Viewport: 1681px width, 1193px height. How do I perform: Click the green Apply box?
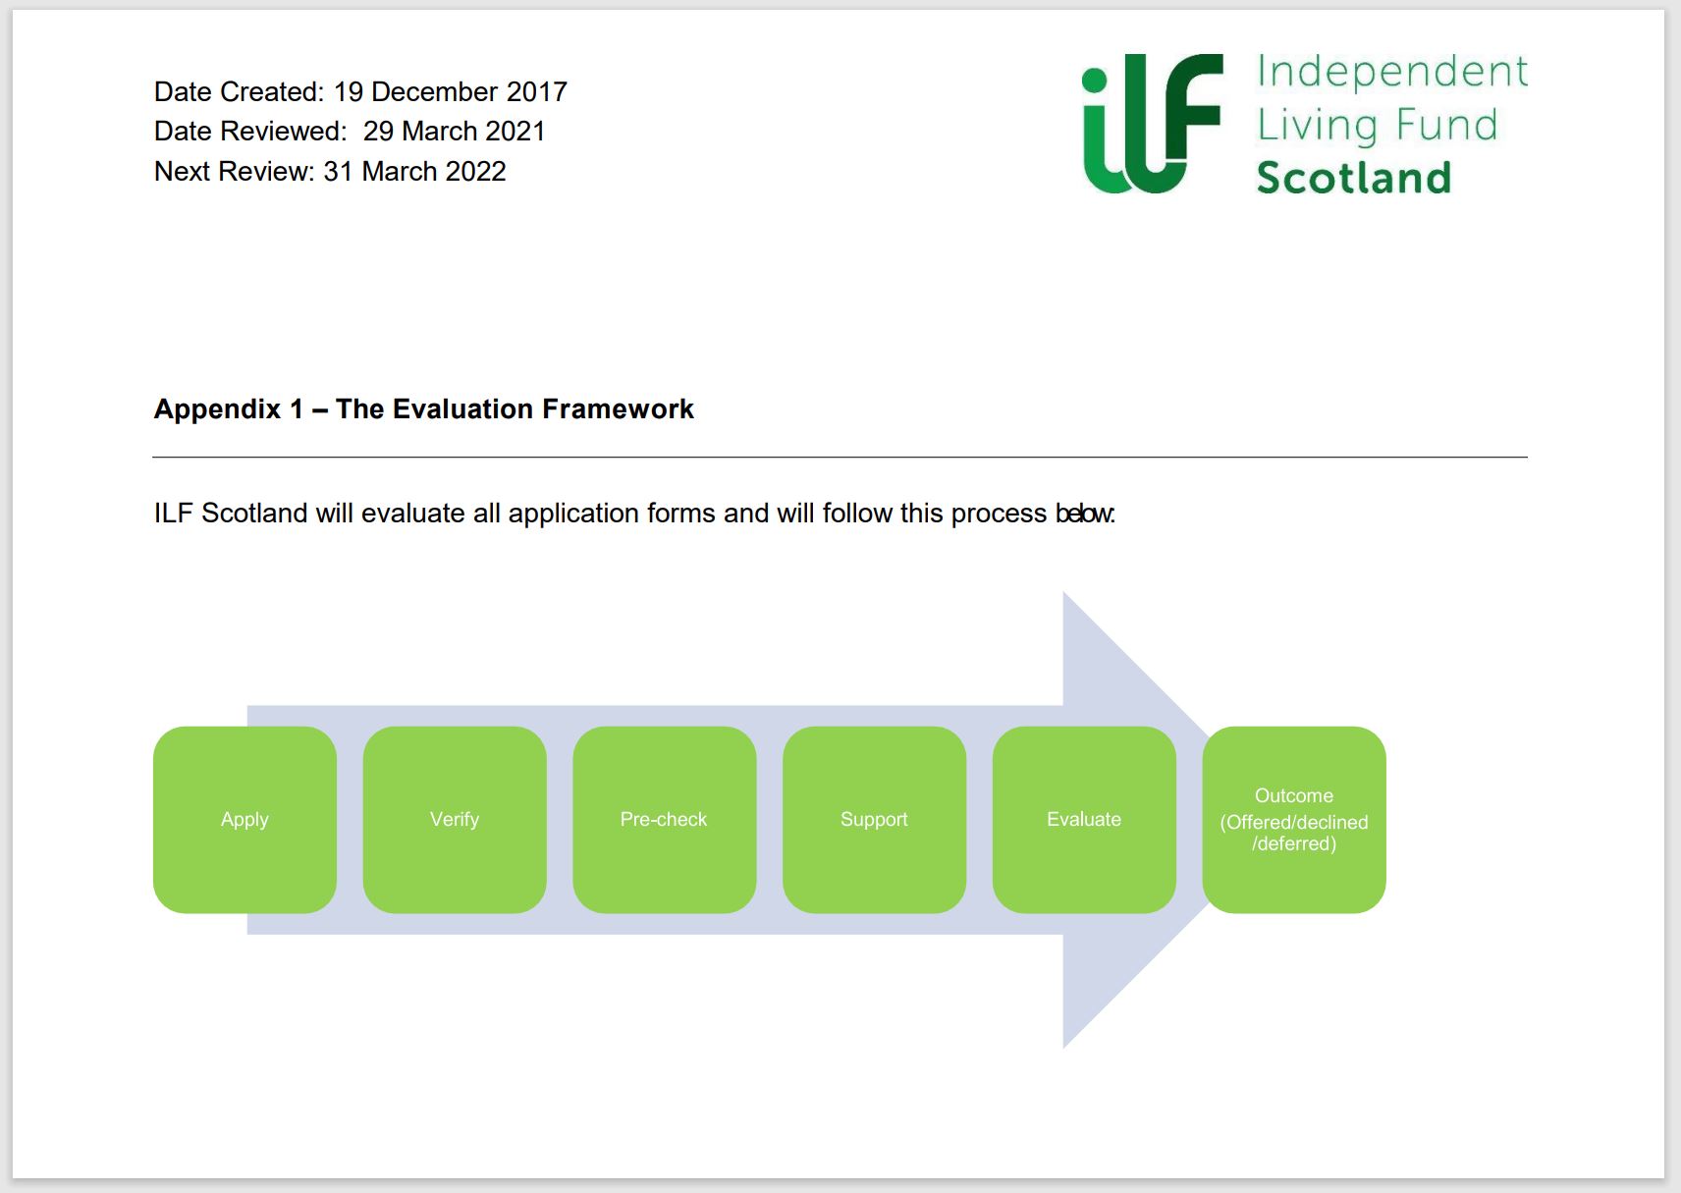click(x=244, y=819)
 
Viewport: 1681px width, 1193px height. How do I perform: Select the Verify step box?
click(x=455, y=819)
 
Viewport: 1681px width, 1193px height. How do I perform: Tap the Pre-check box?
click(x=664, y=819)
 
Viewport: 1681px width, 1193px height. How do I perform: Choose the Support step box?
click(x=874, y=819)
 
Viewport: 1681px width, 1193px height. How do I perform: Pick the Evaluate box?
click(x=1084, y=819)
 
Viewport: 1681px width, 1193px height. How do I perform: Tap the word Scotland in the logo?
click(x=1353, y=178)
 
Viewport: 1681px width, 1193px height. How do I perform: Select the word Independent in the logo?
click(x=1391, y=72)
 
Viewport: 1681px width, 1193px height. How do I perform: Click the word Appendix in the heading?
click(x=217, y=408)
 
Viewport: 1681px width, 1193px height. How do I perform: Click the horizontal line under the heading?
click(x=840, y=457)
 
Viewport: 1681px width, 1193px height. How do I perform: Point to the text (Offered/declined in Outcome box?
click(x=1294, y=822)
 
